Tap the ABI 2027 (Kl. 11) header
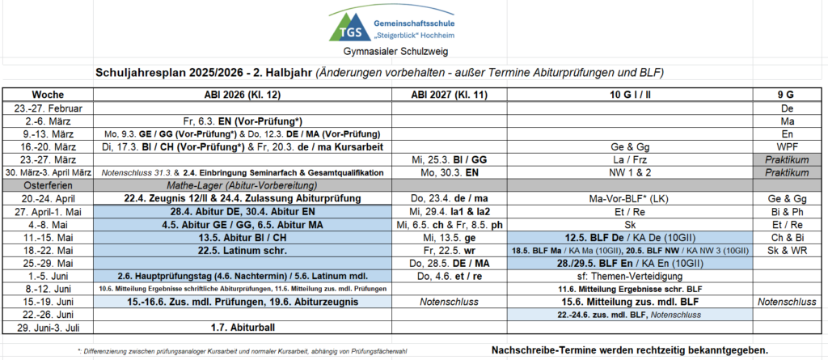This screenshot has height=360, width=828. click(449, 94)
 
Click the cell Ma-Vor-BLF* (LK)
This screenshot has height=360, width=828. click(631, 198)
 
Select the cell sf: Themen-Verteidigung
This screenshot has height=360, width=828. click(631, 276)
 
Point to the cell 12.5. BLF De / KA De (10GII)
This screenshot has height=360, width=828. click(631, 237)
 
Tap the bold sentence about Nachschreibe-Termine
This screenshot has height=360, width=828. click(629, 349)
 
